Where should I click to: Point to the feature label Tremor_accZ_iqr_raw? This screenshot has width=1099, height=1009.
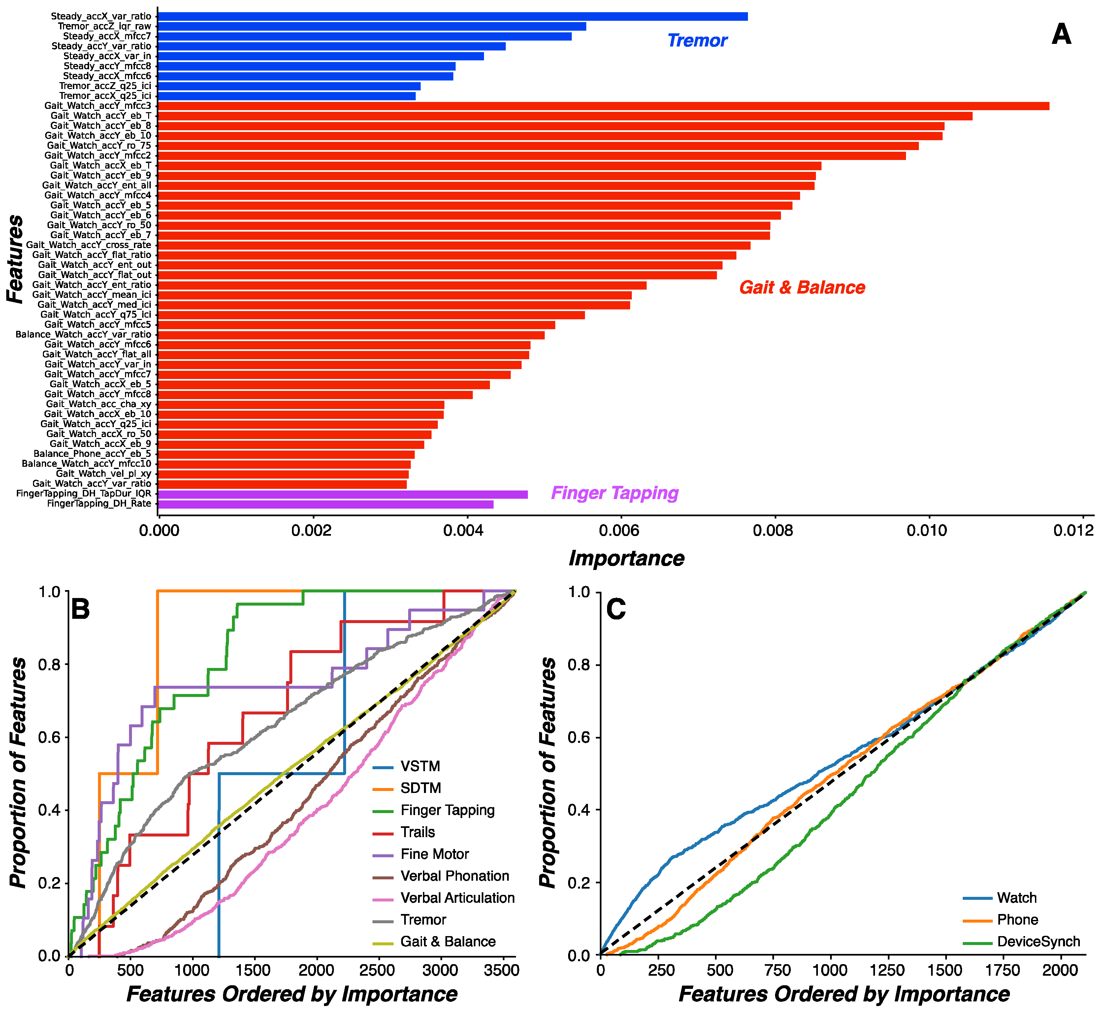tap(104, 26)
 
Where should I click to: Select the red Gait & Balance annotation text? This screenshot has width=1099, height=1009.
tap(802, 288)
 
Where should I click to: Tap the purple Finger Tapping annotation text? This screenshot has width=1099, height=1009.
tap(615, 493)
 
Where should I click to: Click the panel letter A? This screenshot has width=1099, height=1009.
tap(1061, 34)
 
